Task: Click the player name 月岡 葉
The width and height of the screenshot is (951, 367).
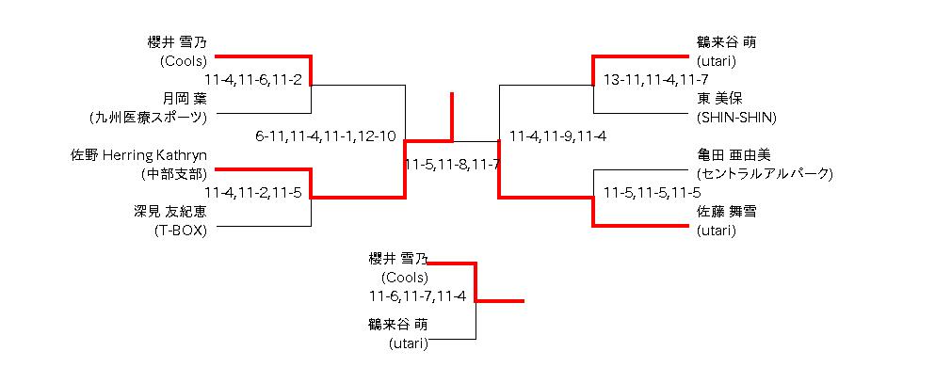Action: tap(185, 98)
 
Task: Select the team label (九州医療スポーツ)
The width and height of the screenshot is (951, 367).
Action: tap(148, 118)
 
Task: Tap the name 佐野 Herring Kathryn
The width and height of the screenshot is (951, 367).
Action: tap(139, 155)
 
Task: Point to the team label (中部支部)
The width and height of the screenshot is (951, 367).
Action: tap(173, 175)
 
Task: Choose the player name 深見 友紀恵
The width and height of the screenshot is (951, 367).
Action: tap(170, 212)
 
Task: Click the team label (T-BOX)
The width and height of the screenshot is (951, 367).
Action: tap(181, 231)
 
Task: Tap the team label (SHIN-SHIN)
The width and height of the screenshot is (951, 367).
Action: tap(737, 118)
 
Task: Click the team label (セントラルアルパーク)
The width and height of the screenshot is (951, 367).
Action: tap(766, 175)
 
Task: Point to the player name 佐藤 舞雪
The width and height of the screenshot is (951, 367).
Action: tap(726, 212)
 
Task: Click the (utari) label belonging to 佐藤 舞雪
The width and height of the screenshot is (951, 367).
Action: tap(717, 231)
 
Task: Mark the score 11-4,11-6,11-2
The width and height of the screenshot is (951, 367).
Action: tap(253, 79)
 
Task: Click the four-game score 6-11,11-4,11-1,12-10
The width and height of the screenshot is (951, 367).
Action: tap(327, 136)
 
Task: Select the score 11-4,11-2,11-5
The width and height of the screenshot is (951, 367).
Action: tap(253, 193)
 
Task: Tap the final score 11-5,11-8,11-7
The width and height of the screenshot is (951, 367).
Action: tap(452, 164)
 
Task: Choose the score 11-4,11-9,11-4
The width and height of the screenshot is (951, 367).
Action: tap(558, 136)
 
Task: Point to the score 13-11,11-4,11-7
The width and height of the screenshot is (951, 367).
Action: tap(656, 79)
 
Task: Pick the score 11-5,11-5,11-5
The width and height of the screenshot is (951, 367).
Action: tap(653, 193)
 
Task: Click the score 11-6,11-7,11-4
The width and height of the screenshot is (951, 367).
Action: tap(417, 296)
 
